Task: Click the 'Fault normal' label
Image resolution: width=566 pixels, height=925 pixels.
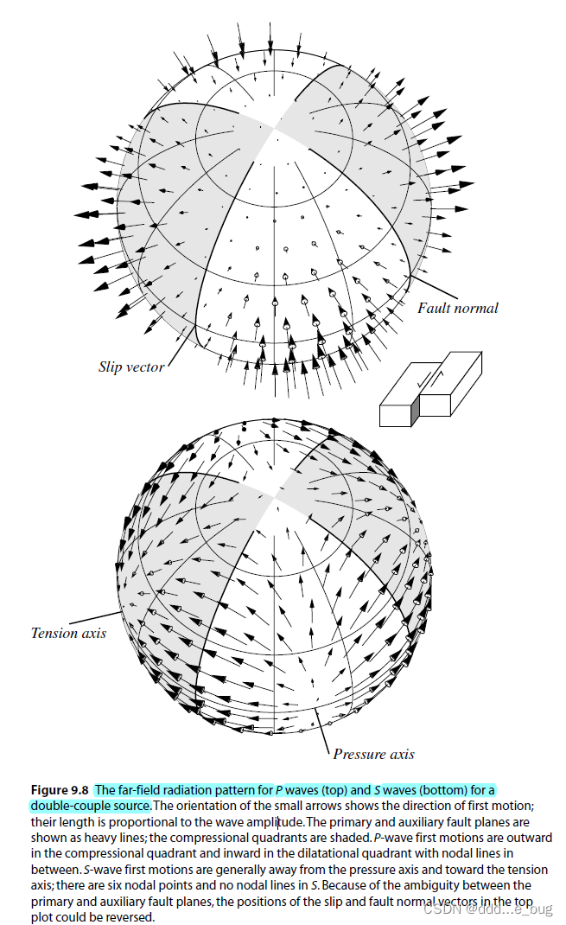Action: coord(458,308)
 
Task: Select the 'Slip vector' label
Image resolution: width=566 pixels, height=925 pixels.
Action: coord(130,367)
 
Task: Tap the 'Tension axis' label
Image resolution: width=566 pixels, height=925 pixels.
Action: coord(68,633)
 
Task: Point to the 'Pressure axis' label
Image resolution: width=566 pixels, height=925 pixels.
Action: coord(373,754)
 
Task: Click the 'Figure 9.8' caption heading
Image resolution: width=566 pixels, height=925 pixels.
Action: coord(60,789)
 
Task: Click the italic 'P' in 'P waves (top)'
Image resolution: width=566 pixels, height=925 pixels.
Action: coord(279,790)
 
